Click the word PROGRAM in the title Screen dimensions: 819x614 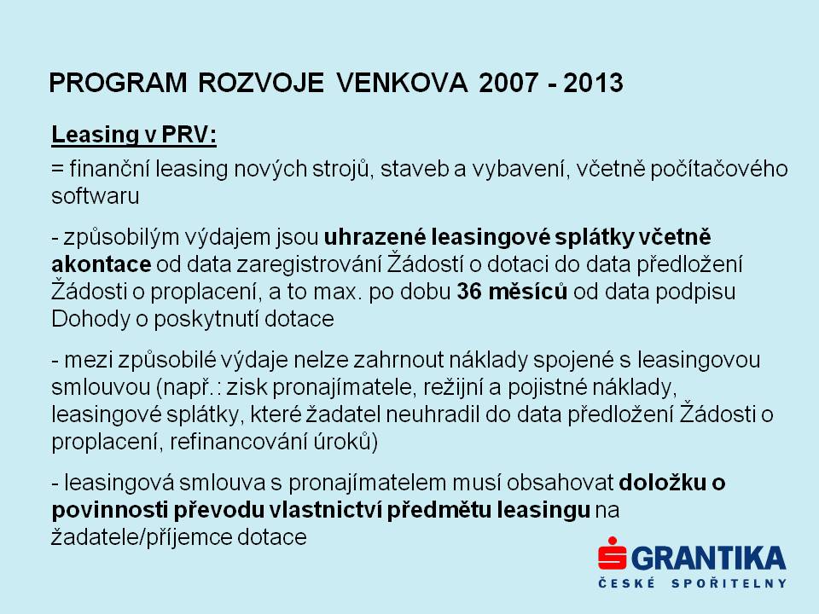(x=118, y=83)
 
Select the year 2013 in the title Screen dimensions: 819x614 (x=594, y=83)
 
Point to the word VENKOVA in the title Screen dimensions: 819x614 (x=402, y=83)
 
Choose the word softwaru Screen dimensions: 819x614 (x=95, y=196)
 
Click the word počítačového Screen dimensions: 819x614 (x=718, y=169)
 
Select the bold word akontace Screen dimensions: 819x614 (x=102, y=264)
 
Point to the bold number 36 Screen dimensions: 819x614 (x=469, y=292)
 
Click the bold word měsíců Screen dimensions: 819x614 (x=527, y=292)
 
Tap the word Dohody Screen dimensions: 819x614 (x=90, y=319)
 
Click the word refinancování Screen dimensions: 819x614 (x=239, y=442)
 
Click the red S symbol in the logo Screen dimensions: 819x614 (x=613, y=553)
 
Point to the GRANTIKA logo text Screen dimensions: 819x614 (x=709, y=559)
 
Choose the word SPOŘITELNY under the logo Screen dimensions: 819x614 (x=729, y=583)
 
